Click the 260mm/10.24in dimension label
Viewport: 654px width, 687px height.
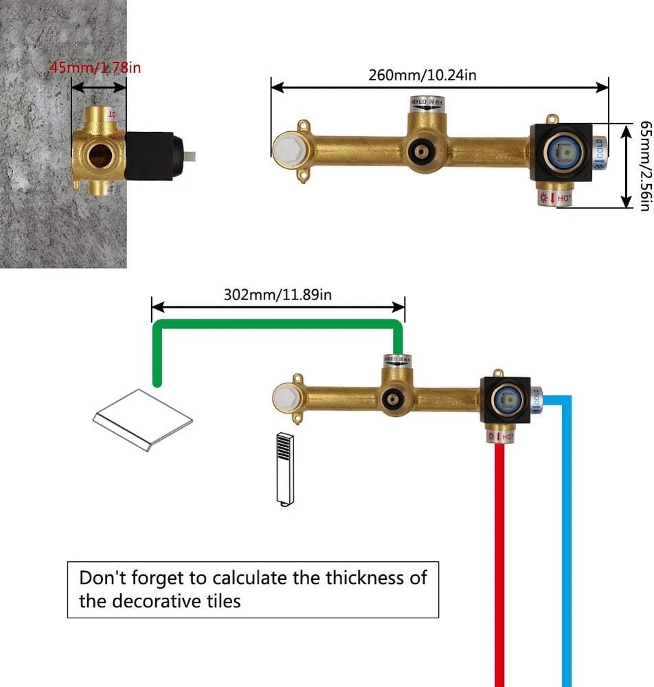pos(422,75)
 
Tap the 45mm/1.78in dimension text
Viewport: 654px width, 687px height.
pos(95,68)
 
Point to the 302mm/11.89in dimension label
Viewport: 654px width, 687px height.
pos(278,295)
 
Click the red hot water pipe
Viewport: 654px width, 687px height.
pos(501,563)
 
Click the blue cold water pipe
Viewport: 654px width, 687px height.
pos(566,550)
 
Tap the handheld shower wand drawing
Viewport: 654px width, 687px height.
pos(284,469)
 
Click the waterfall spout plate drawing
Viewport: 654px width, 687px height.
pos(143,420)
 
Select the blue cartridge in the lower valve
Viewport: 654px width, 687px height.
pos(510,401)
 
